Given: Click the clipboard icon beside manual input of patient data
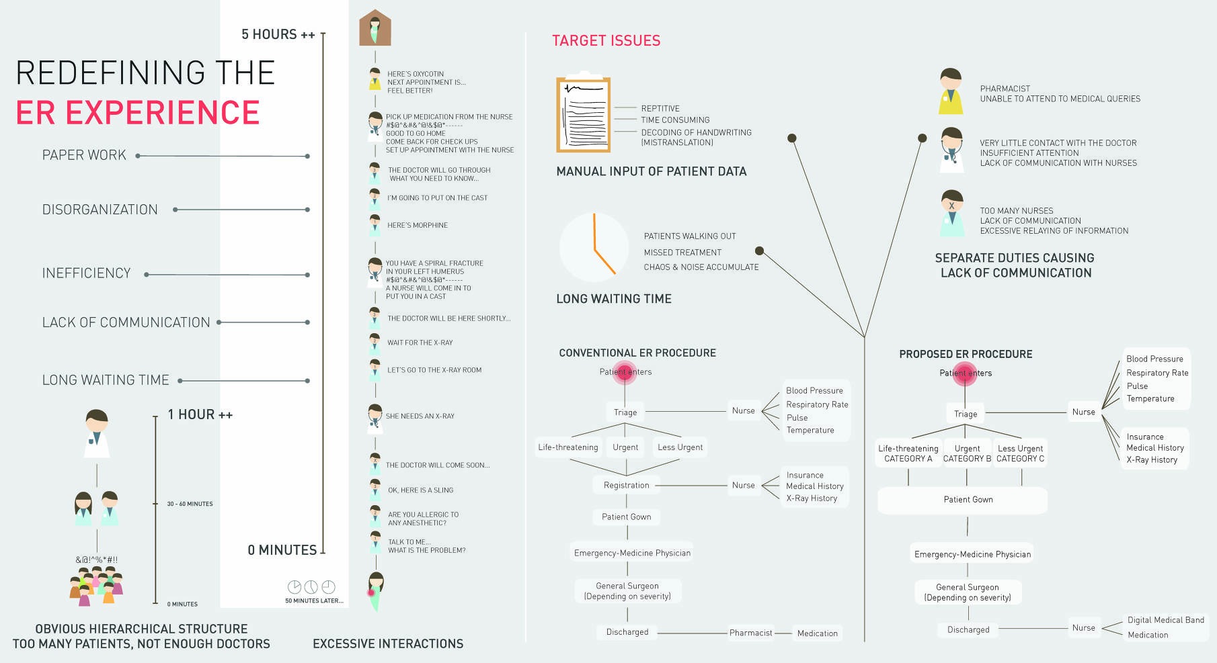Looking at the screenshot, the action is [x=583, y=114].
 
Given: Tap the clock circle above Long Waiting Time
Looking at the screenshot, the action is [x=594, y=247].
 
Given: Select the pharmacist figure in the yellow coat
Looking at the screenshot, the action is [x=951, y=91].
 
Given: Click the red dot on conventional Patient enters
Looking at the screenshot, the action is [x=625, y=371].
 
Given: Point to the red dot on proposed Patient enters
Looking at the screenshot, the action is [x=966, y=373].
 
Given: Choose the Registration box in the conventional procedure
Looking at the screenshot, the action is [x=627, y=485].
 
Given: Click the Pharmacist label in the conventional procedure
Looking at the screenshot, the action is [x=751, y=633].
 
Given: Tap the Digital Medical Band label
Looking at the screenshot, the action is [x=1166, y=620].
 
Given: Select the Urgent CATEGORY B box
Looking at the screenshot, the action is [x=967, y=453].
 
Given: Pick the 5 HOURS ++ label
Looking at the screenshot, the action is [x=278, y=34].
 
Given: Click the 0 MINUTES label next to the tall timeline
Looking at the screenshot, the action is [x=282, y=550].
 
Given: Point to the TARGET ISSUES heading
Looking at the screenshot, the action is [x=606, y=41].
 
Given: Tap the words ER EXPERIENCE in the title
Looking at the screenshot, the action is [x=138, y=112].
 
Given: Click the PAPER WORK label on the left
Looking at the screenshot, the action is [x=84, y=155].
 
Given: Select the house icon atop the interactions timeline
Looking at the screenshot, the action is [x=375, y=28].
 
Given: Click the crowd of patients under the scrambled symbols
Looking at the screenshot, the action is [x=97, y=586].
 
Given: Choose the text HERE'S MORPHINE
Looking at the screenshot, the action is [x=418, y=226].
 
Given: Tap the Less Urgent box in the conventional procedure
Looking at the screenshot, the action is [x=680, y=447].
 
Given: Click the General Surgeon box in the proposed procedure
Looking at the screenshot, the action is [x=968, y=592].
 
